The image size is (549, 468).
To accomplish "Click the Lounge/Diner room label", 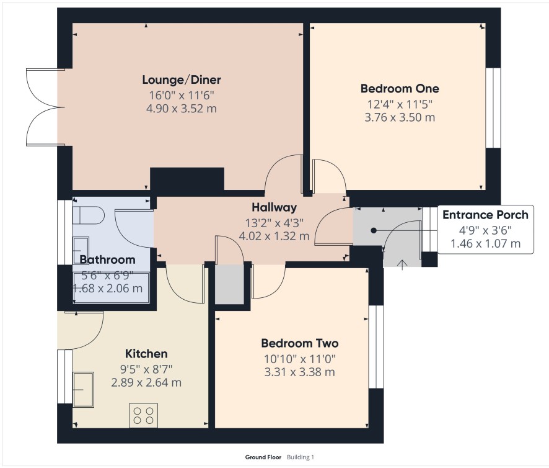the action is point(182,80).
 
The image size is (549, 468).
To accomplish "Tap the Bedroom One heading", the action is point(400,88).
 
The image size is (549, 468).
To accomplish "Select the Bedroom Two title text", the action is point(300,343).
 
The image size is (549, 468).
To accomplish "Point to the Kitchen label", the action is point(146,354).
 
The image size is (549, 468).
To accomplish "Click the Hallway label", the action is point(274,207).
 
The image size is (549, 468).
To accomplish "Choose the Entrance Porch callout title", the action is point(485,215).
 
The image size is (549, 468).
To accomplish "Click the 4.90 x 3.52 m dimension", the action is point(182,109).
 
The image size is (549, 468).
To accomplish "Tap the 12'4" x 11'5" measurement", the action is point(400,104).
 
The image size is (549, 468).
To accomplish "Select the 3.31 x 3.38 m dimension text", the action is point(300,372).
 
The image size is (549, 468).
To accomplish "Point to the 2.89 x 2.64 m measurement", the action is point(146,382).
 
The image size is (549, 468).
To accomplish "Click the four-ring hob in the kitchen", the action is point(144,415).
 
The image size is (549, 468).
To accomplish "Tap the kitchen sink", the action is point(83,389).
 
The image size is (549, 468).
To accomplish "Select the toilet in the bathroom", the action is point(89,215).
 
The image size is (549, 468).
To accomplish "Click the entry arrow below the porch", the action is point(403,265).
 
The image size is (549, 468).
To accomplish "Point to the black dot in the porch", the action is point(374,230).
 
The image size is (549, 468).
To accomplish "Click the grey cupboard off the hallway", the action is point(229,284).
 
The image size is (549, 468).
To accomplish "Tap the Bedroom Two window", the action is point(376,347).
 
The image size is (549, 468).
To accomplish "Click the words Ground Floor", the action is point(263,457).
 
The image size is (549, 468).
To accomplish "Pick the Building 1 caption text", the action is point(301,457).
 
